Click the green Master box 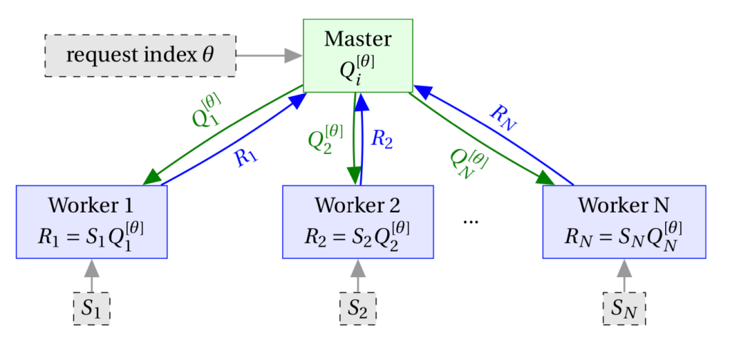pyautogui.click(x=358, y=56)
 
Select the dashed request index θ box pyautogui.click(x=140, y=55)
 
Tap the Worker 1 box pyautogui.click(x=91, y=222)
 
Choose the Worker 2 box pyautogui.click(x=358, y=222)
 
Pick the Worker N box pyautogui.click(x=624, y=222)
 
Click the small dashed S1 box pyautogui.click(x=91, y=308)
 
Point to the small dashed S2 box pyautogui.click(x=358, y=308)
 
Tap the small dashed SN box pyautogui.click(x=624, y=308)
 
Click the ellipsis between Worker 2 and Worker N pyautogui.click(x=471, y=221)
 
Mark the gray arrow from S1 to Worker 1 pyautogui.click(x=91, y=275)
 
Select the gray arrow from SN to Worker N pyautogui.click(x=624, y=275)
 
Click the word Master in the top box pyautogui.click(x=358, y=38)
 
